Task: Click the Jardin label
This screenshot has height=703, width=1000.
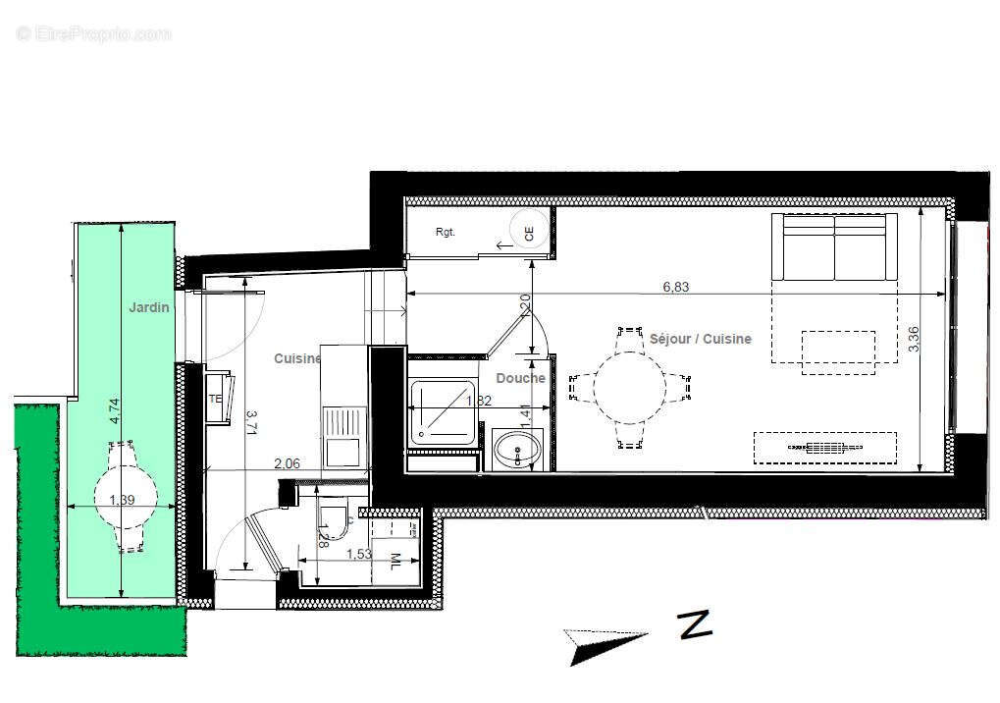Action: [x=149, y=307]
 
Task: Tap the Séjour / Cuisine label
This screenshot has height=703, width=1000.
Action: [x=701, y=339]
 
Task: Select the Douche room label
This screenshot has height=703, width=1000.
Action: [x=520, y=378]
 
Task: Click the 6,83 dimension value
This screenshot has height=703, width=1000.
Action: [x=675, y=287]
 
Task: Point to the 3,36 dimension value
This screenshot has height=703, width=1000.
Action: [x=914, y=339]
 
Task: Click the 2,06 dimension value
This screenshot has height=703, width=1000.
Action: [x=287, y=462]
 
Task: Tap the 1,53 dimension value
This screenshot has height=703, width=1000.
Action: [x=359, y=554]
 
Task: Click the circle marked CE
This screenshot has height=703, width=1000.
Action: [x=529, y=234]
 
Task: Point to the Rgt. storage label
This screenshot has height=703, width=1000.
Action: [x=447, y=233]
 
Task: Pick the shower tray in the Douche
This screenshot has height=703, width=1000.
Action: [x=444, y=411]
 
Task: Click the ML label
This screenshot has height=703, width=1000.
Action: [x=395, y=562]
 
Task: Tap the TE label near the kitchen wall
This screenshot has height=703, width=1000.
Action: [x=214, y=400]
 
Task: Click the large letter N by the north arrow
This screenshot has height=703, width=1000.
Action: [x=695, y=624]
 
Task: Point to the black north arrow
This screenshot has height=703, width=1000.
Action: [x=603, y=644]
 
